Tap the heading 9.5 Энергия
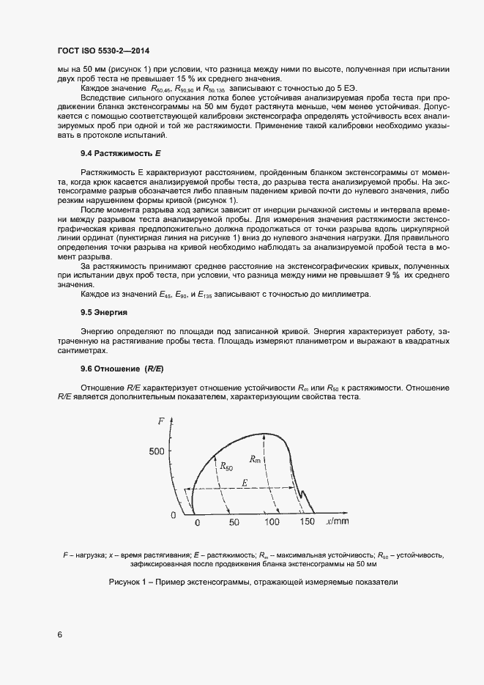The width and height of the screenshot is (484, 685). point(104,312)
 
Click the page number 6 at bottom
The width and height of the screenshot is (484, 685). point(59,634)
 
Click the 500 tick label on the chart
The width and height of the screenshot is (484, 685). point(157,452)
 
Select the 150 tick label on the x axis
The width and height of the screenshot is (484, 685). point(308,522)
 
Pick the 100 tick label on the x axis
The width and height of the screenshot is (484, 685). point(272,522)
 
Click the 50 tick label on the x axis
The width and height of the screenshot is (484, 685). point(234,522)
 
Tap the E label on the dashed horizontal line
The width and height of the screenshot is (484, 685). point(245,484)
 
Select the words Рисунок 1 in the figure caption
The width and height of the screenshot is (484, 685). point(129,582)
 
